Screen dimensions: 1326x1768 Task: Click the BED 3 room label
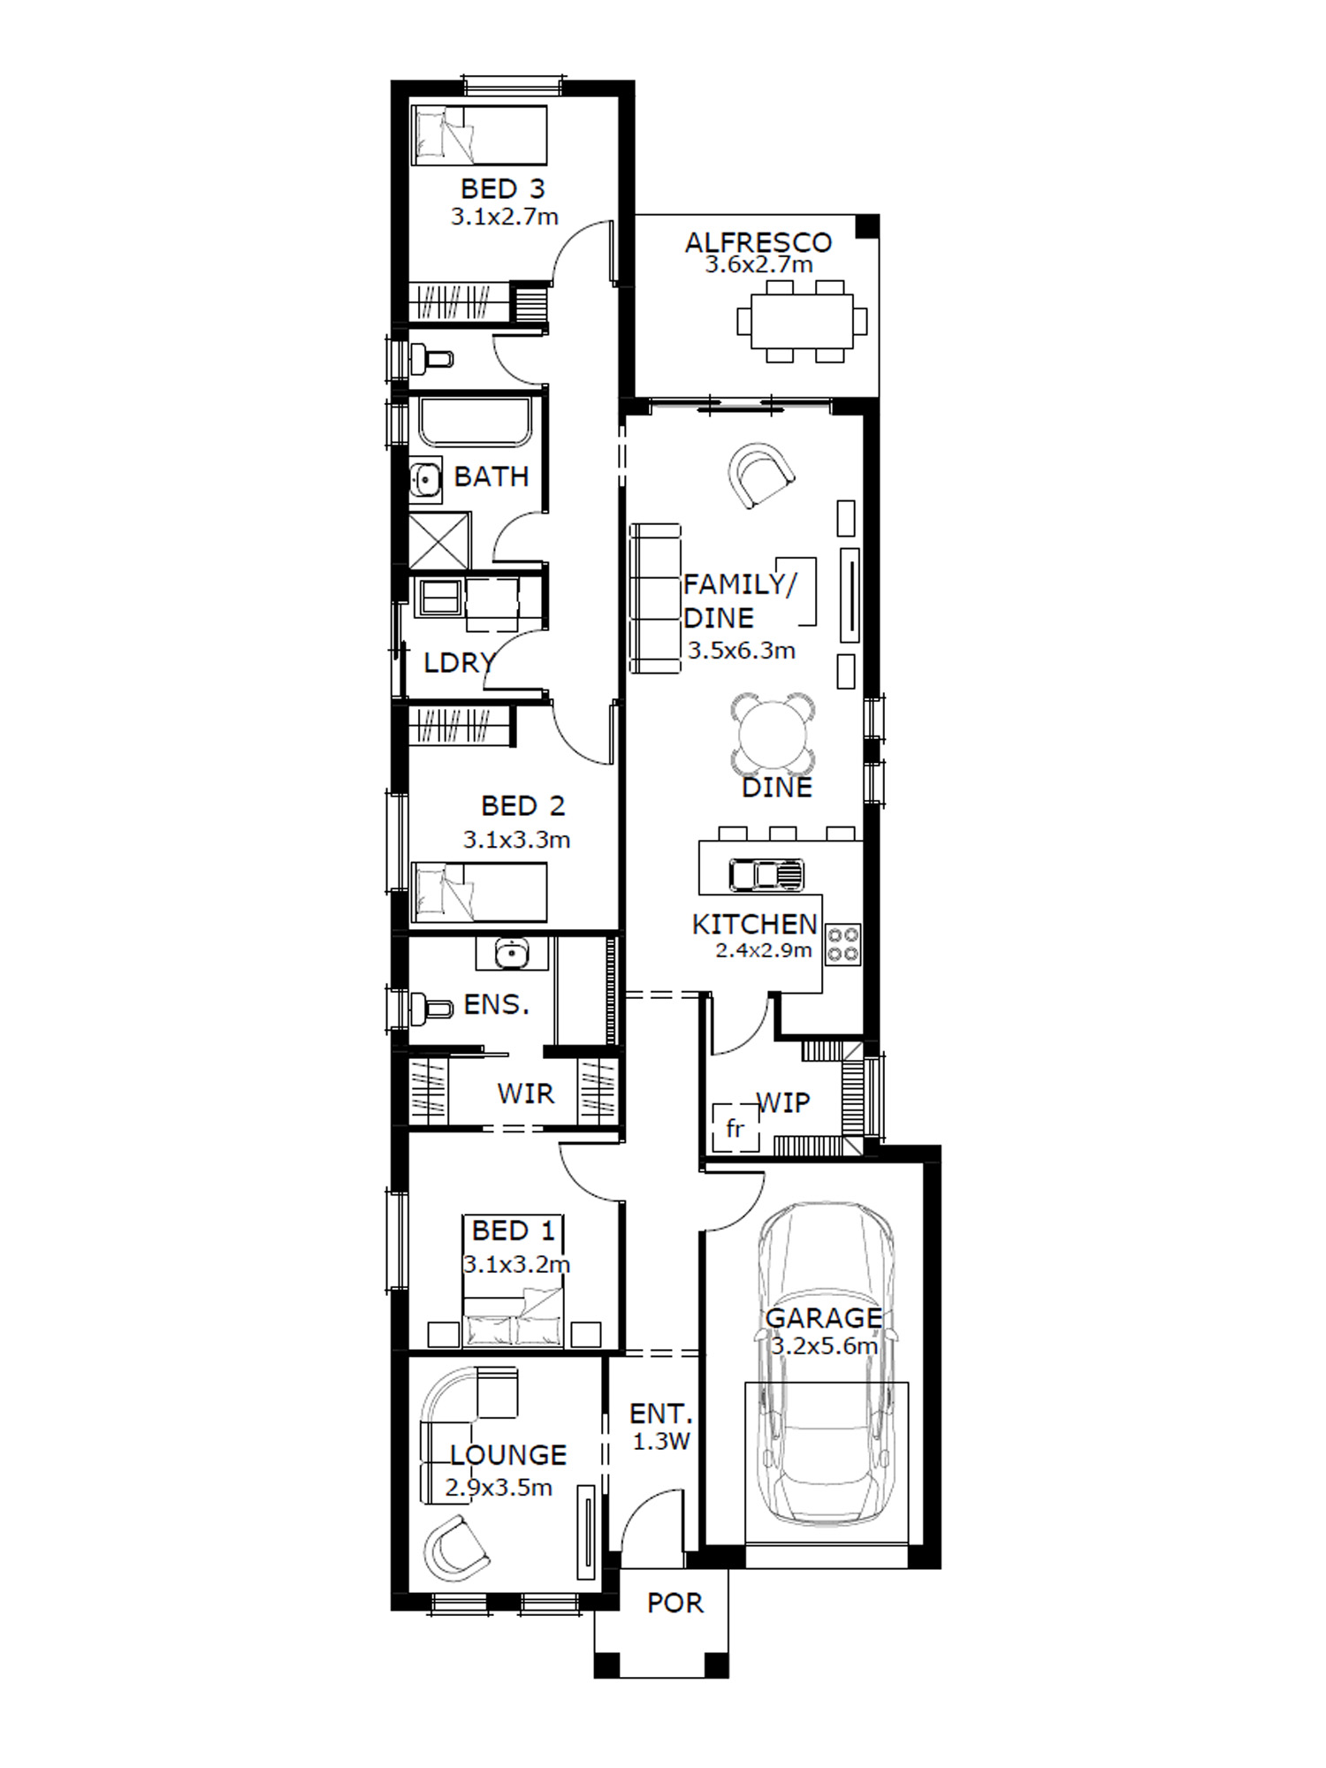[x=503, y=188]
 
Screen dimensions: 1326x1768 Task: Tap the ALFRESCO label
[x=758, y=242]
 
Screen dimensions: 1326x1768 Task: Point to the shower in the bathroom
[x=439, y=540]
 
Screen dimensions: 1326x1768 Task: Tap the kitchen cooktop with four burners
[x=842, y=944]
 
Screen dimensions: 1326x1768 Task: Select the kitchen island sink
[x=766, y=874]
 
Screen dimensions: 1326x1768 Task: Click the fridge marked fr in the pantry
[x=735, y=1127]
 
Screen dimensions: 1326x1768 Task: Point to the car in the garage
[x=826, y=1363]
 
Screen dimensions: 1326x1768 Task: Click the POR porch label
[x=675, y=1603]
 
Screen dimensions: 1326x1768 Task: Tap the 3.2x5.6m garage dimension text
[x=825, y=1346]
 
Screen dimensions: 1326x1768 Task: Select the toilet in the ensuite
[x=431, y=1006]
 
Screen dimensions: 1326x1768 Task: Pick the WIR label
[x=526, y=1094]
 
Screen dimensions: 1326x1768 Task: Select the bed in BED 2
[x=480, y=892]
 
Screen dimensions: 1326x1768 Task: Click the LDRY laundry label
[x=458, y=663]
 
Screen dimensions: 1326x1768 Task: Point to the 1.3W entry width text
[x=661, y=1442]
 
